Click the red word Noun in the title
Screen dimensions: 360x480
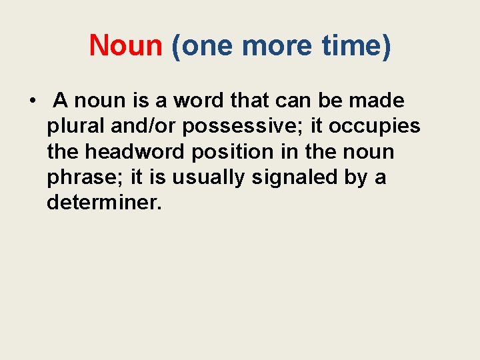126,46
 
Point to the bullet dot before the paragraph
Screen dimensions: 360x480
31,101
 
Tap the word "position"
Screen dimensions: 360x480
231,152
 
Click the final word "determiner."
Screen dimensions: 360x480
105,203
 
